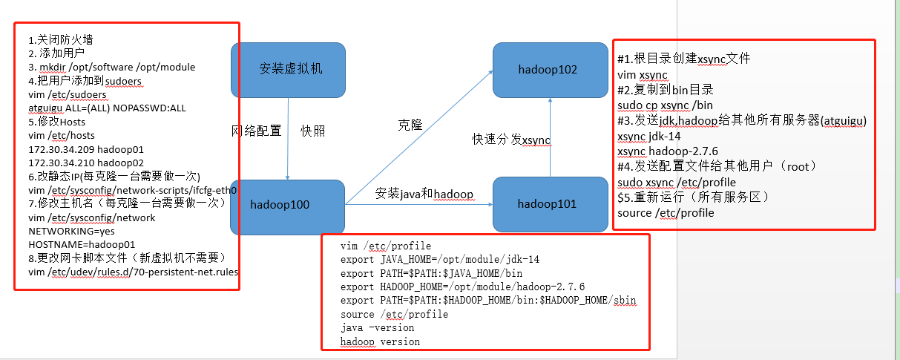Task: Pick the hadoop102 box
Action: click(548, 70)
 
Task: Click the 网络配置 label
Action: click(257, 131)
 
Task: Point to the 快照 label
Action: click(312, 131)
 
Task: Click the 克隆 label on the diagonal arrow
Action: click(410, 125)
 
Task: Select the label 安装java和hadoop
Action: click(424, 194)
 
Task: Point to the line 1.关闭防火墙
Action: click(61, 39)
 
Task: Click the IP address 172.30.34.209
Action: click(62, 148)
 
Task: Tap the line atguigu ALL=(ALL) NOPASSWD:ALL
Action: click(107, 108)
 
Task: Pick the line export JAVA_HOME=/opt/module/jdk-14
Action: click(440, 260)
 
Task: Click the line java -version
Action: click(378, 327)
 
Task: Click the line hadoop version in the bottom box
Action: click(380, 341)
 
